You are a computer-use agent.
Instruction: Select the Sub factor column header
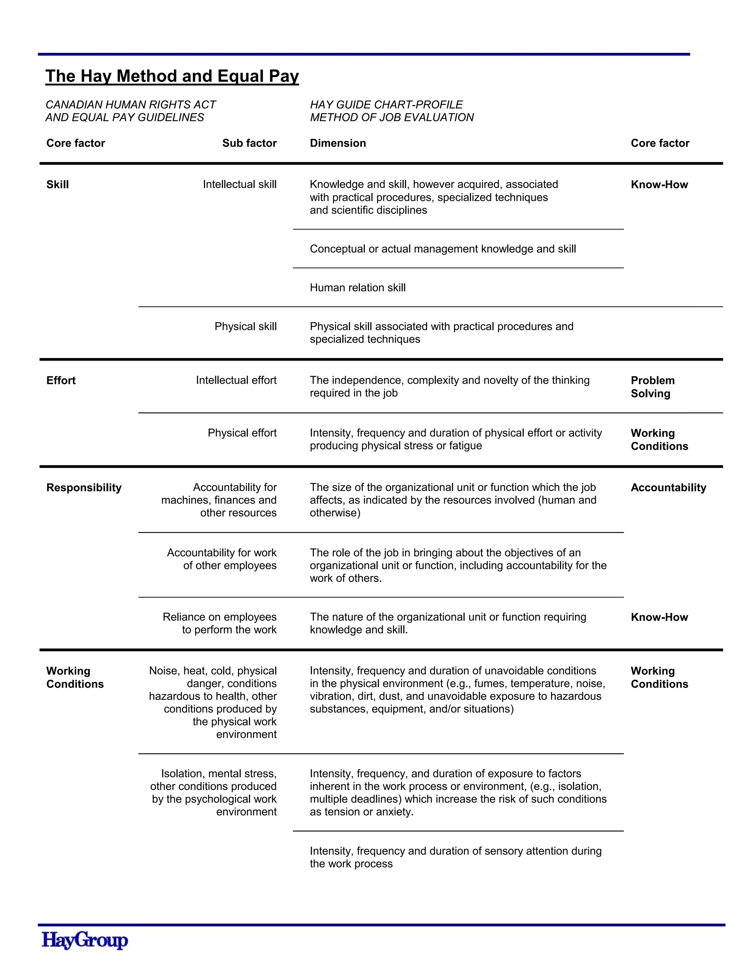(x=249, y=143)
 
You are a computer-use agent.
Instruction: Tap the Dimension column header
(x=338, y=143)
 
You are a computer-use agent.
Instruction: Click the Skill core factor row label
(x=57, y=185)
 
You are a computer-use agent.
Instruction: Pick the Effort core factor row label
(x=61, y=381)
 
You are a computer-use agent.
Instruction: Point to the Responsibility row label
(x=83, y=488)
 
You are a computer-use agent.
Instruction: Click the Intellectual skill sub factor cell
(x=240, y=185)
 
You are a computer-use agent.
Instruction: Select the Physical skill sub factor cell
(x=245, y=326)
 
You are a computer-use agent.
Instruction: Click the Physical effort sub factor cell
(x=242, y=433)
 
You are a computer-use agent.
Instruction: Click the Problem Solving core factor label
(x=652, y=387)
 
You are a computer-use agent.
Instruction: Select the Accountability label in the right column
(x=668, y=488)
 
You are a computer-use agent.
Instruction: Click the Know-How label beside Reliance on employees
(x=659, y=617)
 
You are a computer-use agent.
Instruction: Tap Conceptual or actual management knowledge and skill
(x=442, y=249)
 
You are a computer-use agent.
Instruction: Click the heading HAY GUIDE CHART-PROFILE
(x=386, y=105)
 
